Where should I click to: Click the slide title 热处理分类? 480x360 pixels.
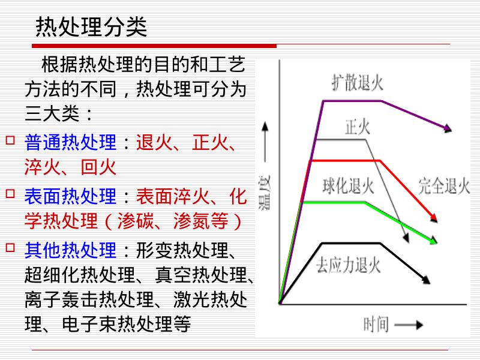92,27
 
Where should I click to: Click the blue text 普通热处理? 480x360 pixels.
70,143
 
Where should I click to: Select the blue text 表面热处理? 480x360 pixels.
70,196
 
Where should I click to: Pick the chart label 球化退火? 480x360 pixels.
348,186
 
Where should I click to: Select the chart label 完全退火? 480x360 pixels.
444,186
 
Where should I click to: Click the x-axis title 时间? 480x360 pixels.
376,325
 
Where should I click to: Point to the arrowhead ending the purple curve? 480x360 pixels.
447,128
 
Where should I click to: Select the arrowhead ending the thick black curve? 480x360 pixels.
426,280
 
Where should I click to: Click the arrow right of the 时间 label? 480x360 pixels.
410,325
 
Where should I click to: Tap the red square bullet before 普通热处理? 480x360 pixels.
10,140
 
